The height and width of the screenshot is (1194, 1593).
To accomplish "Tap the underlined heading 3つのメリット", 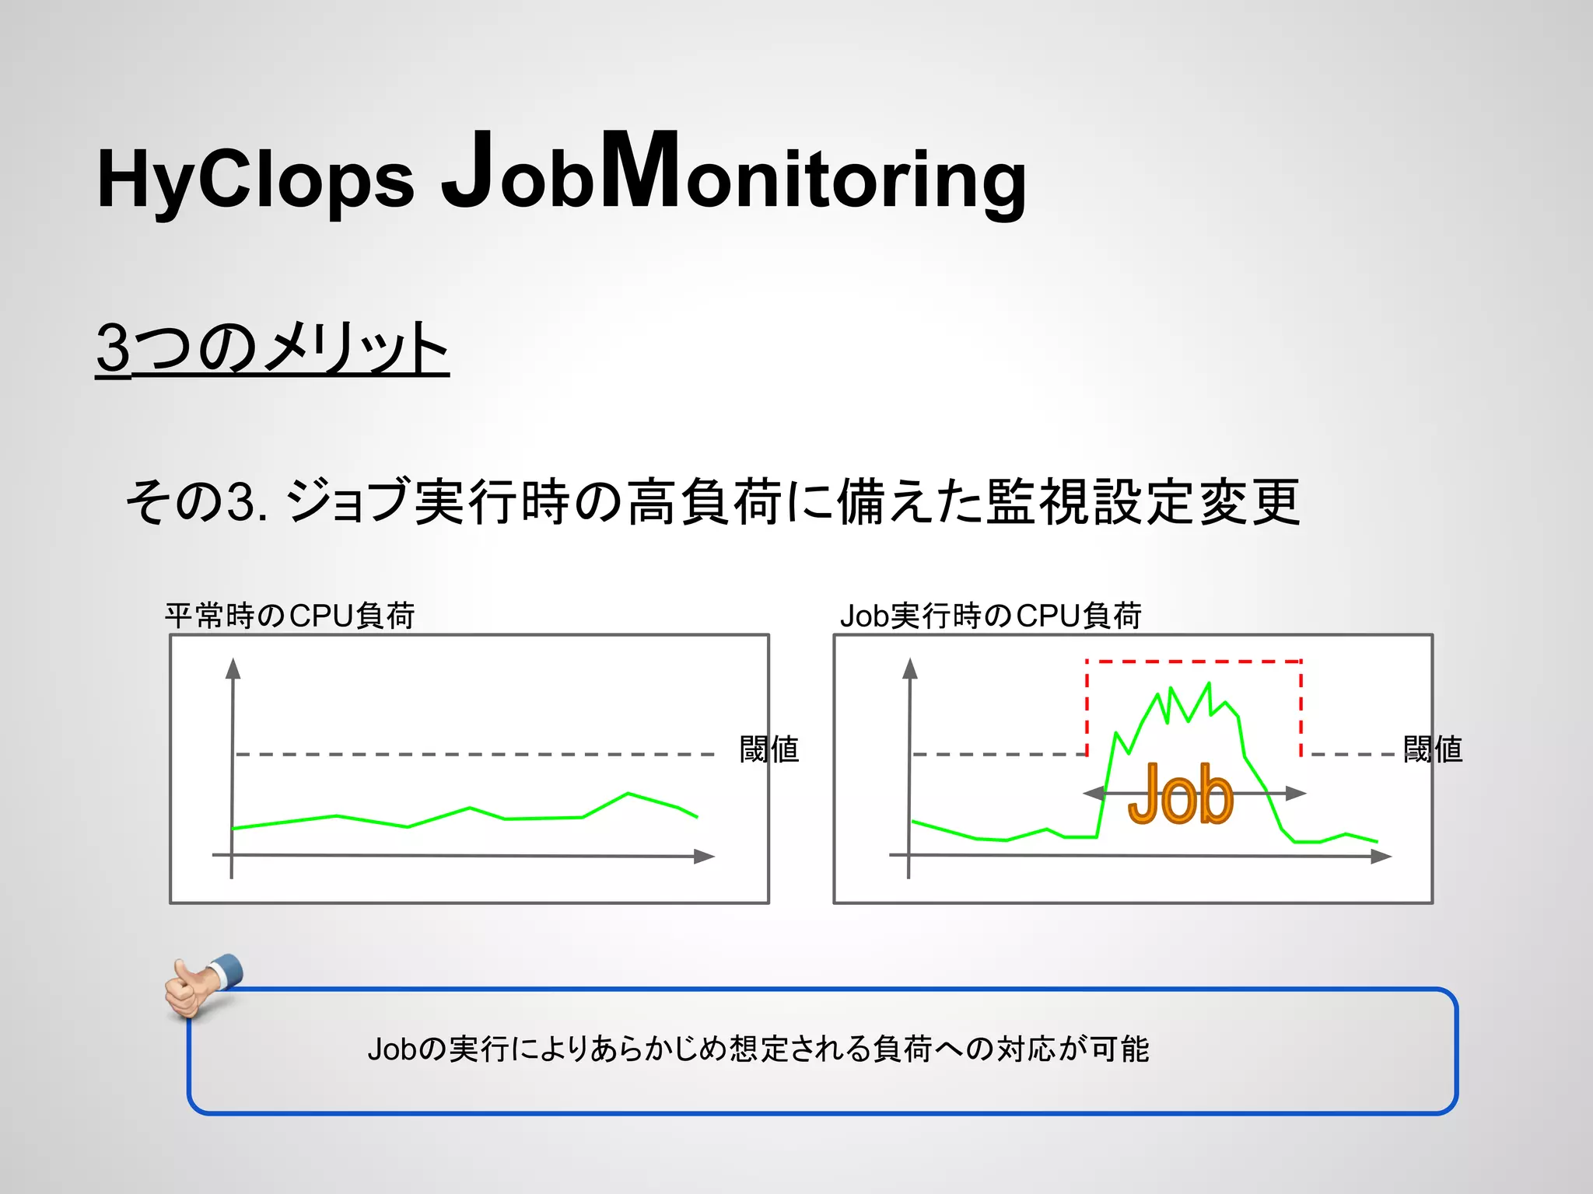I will pos(272,347).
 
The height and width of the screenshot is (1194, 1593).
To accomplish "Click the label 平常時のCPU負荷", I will pos(289,616).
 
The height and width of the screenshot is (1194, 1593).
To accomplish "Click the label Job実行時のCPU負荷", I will pos(990,616).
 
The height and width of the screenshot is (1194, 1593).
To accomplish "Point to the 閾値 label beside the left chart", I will pos(768,749).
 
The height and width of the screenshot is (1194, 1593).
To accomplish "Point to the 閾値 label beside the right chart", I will pos(1433,749).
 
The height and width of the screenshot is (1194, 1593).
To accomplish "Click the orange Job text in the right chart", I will pos(1180,794).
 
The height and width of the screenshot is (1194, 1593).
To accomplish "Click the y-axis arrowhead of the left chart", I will pos(233,669).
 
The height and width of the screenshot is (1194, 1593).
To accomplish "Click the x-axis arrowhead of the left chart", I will pos(704,856).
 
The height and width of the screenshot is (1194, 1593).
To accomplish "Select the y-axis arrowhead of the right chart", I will pos(910,669).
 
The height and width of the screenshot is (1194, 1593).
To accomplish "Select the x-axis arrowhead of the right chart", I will pos(1381,856).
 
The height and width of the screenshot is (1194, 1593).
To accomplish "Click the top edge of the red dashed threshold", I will pos(1193,662).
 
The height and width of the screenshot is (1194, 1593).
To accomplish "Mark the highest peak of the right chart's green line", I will pos(1209,683).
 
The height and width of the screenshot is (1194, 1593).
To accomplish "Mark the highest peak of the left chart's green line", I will pos(628,793).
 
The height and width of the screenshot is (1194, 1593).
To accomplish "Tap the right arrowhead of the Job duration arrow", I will pos(1296,793).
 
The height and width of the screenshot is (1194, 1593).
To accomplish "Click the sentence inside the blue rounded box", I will pos(758,1049).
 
